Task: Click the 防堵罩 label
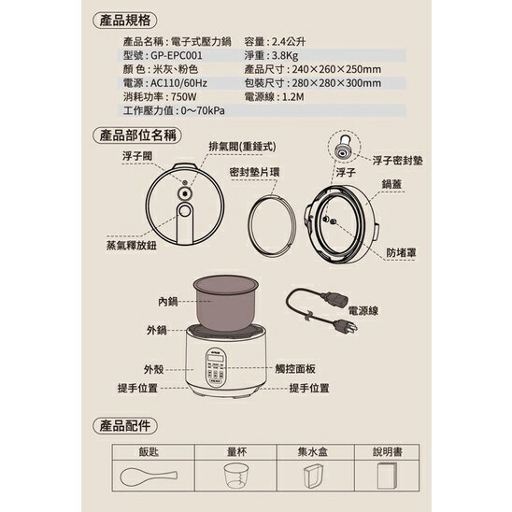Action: point(403,251)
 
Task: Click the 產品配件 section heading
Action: point(124,425)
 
